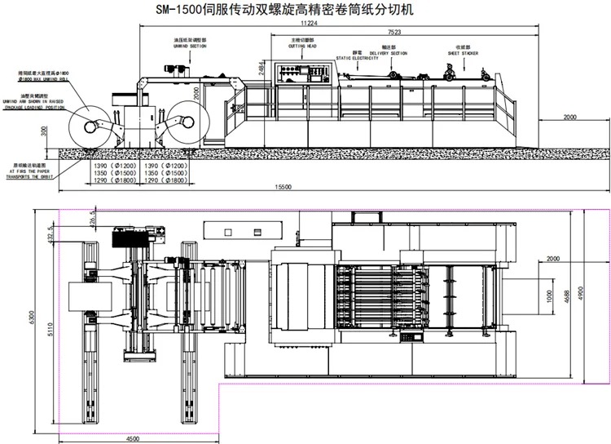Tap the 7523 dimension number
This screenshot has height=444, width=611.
pyautogui.click(x=395, y=32)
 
